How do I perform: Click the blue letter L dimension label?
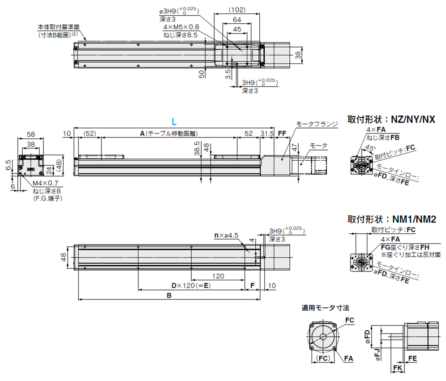click(174, 122)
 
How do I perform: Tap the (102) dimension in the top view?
click(237, 10)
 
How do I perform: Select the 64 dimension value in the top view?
click(237, 20)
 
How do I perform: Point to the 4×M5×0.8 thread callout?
click(181, 27)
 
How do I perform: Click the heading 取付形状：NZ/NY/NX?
click(391, 120)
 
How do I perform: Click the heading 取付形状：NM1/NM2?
click(392, 219)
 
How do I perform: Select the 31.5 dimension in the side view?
click(267, 133)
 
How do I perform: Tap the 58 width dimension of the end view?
click(31, 134)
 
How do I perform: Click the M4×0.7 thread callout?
click(45, 184)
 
